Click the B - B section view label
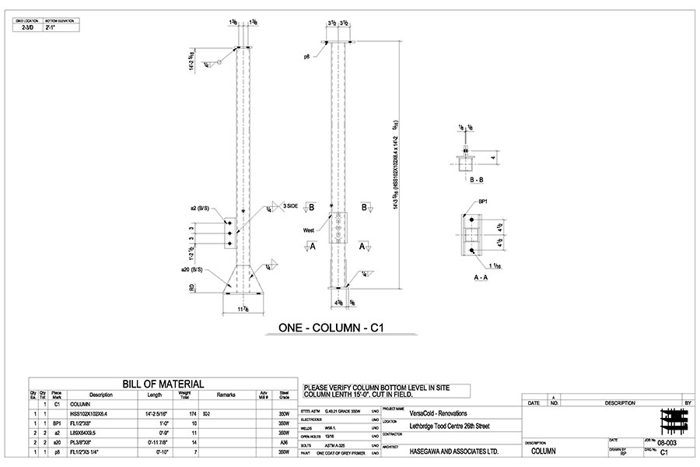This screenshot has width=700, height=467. coord(468,179)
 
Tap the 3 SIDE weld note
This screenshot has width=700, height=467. coord(291,205)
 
